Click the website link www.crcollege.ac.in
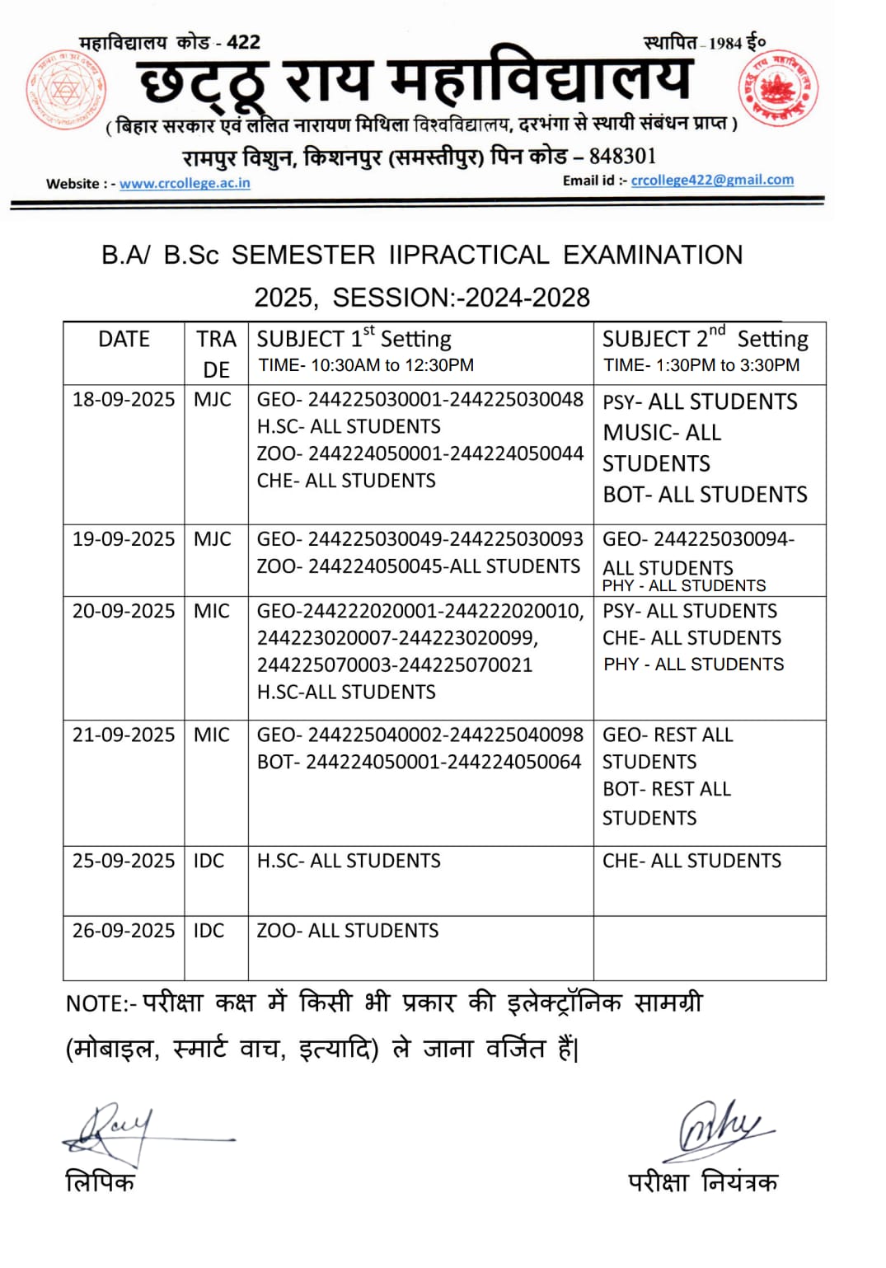(x=185, y=183)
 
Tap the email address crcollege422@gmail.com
(x=712, y=180)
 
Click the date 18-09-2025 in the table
(x=124, y=400)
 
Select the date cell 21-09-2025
(x=124, y=735)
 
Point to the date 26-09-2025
(x=124, y=931)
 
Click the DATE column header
(x=124, y=339)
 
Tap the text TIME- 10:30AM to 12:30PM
(x=366, y=365)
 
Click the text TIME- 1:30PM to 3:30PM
(x=701, y=365)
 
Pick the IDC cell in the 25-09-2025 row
(x=209, y=861)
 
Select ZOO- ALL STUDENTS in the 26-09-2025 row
(x=348, y=931)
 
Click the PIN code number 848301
(x=622, y=157)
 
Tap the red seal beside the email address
(x=777, y=89)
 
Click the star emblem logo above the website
(x=66, y=89)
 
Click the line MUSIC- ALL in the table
(x=662, y=433)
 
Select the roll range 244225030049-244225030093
(x=445, y=539)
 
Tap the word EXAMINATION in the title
(x=653, y=255)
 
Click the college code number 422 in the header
(x=243, y=42)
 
